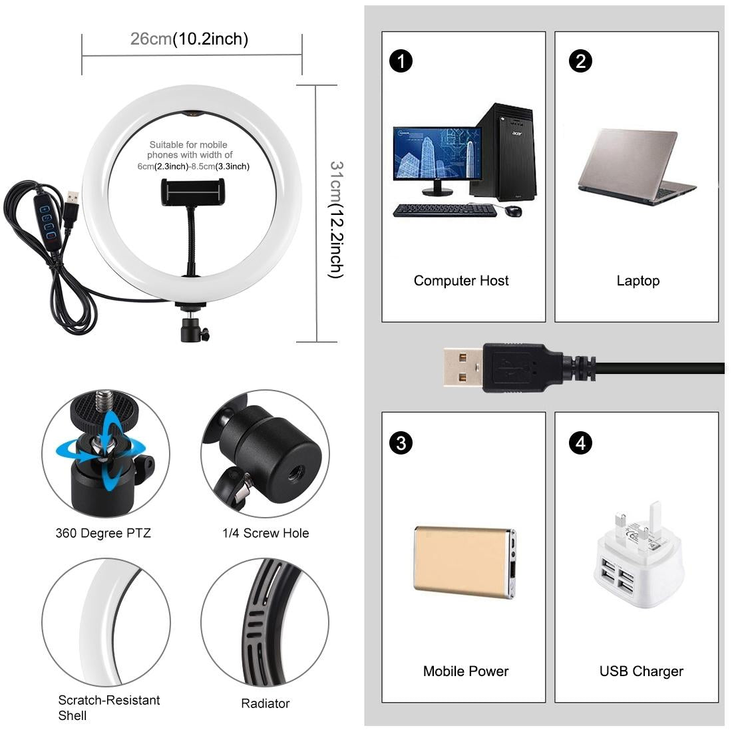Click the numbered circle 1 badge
point(401,61)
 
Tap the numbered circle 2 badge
point(581,61)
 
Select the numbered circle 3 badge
point(401,443)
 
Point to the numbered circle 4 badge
point(581,443)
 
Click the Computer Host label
point(461,281)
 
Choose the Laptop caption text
point(638,281)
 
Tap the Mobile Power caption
point(466,671)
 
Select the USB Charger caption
point(641,671)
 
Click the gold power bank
point(464,561)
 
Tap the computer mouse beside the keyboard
point(512,211)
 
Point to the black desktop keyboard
point(444,210)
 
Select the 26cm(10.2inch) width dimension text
point(190,39)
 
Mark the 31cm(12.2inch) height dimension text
point(337,220)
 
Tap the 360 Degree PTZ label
point(103,533)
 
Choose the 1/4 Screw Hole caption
point(266,533)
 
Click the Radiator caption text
point(265,703)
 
